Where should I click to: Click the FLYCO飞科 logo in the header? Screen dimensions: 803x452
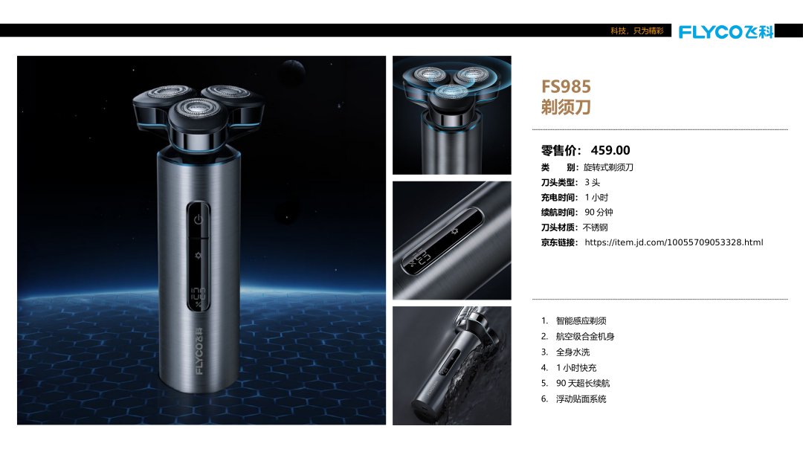pyautogui.click(x=726, y=32)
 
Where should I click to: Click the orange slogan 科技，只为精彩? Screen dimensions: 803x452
pyautogui.click(x=637, y=30)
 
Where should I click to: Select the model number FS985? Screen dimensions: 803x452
pyautogui.click(x=566, y=86)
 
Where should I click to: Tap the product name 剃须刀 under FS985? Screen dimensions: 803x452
pyautogui.click(x=566, y=107)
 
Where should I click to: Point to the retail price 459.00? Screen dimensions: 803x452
pyautogui.click(x=610, y=150)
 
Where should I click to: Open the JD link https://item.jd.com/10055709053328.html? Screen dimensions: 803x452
pyautogui.click(x=674, y=242)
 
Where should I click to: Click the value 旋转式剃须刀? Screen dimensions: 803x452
pyautogui.click(x=608, y=167)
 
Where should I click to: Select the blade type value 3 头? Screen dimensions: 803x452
pyautogui.click(x=592, y=182)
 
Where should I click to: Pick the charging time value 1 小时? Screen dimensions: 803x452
pyautogui.click(x=596, y=198)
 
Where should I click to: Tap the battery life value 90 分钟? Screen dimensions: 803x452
pyautogui.click(x=599, y=213)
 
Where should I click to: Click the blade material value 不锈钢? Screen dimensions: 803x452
pyautogui.click(x=595, y=227)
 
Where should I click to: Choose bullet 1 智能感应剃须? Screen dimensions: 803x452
pyautogui.click(x=581, y=321)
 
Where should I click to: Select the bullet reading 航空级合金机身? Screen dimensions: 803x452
pyautogui.click(x=585, y=336)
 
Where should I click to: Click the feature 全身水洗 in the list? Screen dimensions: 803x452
pyautogui.click(x=573, y=352)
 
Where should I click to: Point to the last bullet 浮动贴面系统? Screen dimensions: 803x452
pyautogui.click(x=581, y=398)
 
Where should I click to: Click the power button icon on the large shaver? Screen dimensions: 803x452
pyautogui.click(x=199, y=219)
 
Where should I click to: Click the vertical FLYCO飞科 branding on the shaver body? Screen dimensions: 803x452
pyautogui.click(x=199, y=351)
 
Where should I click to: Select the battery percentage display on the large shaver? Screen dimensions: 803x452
pyautogui.click(x=199, y=297)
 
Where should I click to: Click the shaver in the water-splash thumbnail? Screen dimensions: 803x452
pyautogui.click(x=454, y=361)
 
